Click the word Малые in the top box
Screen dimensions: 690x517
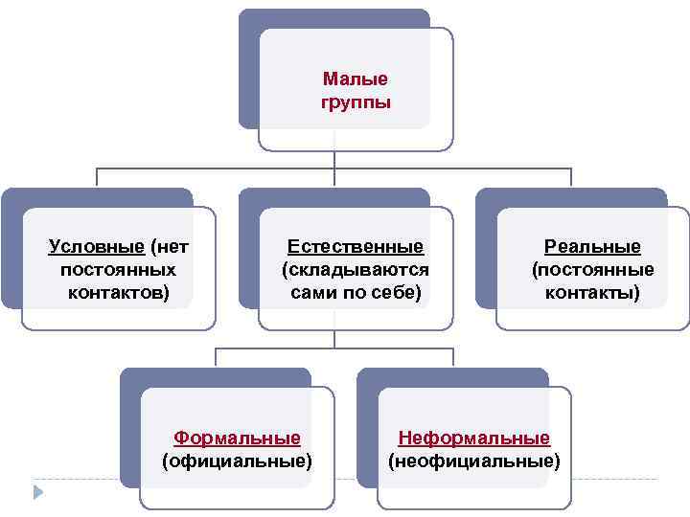click(356, 79)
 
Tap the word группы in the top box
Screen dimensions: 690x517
click(356, 101)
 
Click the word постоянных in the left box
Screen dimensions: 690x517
click(118, 269)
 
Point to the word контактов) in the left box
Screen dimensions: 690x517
click(118, 292)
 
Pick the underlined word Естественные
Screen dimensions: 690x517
click(356, 247)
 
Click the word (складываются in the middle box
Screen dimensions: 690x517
click(356, 269)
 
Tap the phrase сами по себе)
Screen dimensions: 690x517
click(356, 292)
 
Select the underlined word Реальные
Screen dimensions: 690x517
click(592, 247)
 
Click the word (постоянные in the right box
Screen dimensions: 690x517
click(592, 269)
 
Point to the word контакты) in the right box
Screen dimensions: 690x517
click(592, 292)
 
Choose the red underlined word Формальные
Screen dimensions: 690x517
click(237, 438)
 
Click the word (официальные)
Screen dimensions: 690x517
click(237, 461)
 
